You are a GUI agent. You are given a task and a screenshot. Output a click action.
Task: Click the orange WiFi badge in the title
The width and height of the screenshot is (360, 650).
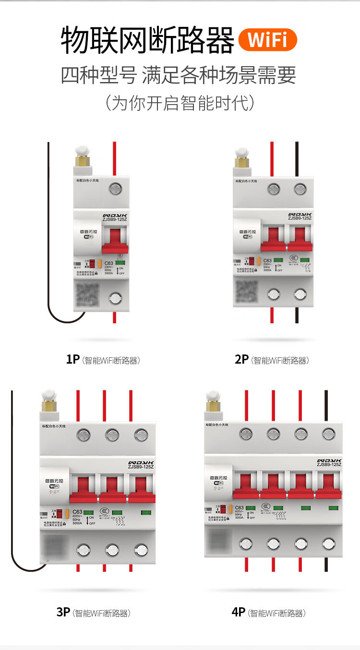click(x=267, y=40)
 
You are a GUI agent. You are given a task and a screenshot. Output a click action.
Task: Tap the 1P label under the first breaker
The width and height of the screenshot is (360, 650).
click(x=72, y=359)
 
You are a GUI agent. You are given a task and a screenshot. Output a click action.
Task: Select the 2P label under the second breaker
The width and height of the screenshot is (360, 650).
click(x=241, y=359)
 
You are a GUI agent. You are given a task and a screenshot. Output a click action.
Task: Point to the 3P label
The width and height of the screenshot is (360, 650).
click(x=63, y=612)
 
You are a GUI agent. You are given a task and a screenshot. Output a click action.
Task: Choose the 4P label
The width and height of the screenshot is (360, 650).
click(x=239, y=612)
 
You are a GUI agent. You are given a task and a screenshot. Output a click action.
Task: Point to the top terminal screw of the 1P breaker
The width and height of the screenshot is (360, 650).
click(x=115, y=189)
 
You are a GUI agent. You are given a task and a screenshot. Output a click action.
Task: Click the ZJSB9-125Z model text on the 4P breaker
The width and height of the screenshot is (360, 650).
click(x=329, y=464)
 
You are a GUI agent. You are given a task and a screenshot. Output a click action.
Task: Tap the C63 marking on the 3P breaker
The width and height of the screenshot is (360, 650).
click(x=77, y=511)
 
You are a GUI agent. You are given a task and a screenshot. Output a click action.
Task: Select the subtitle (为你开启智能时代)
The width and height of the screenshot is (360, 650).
click(x=180, y=103)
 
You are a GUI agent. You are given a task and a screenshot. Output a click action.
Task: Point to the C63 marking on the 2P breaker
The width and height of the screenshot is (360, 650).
click(x=267, y=260)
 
